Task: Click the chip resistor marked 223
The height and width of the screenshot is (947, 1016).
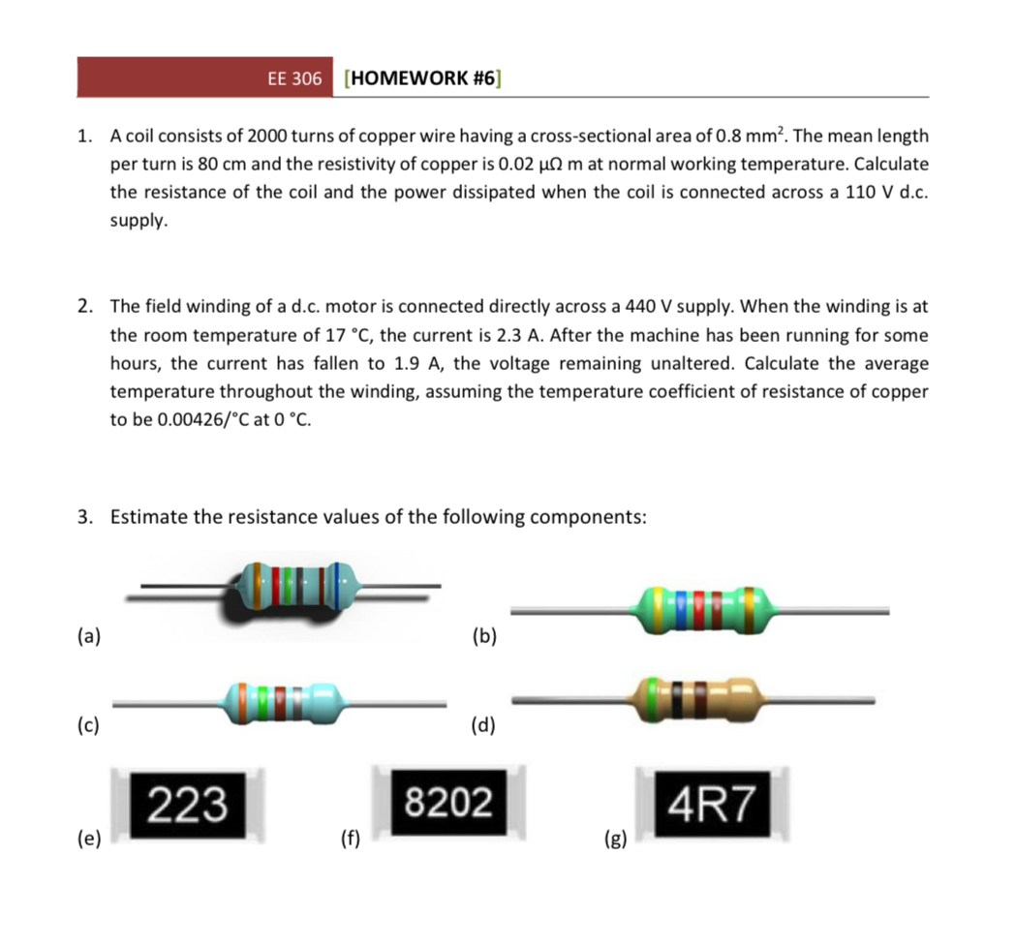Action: [x=187, y=803]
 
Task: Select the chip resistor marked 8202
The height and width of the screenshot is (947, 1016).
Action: [x=448, y=803]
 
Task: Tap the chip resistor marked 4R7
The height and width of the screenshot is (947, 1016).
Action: [x=713, y=804]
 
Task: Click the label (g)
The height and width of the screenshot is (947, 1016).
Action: [x=616, y=839]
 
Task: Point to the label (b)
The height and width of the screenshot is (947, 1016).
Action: [x=482, y=636]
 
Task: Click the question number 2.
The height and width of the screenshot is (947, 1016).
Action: [x=85, y=307]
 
